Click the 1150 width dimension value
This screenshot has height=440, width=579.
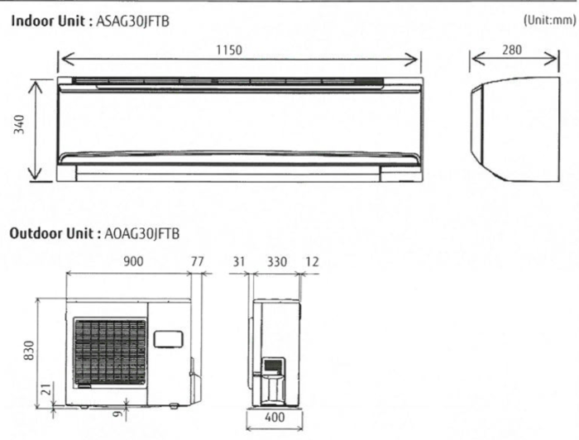pos(229,50)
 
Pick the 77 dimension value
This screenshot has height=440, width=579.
pos(197,261)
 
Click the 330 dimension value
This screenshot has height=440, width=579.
pos(277,261)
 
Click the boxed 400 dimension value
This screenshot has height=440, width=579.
pos(275,418)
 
